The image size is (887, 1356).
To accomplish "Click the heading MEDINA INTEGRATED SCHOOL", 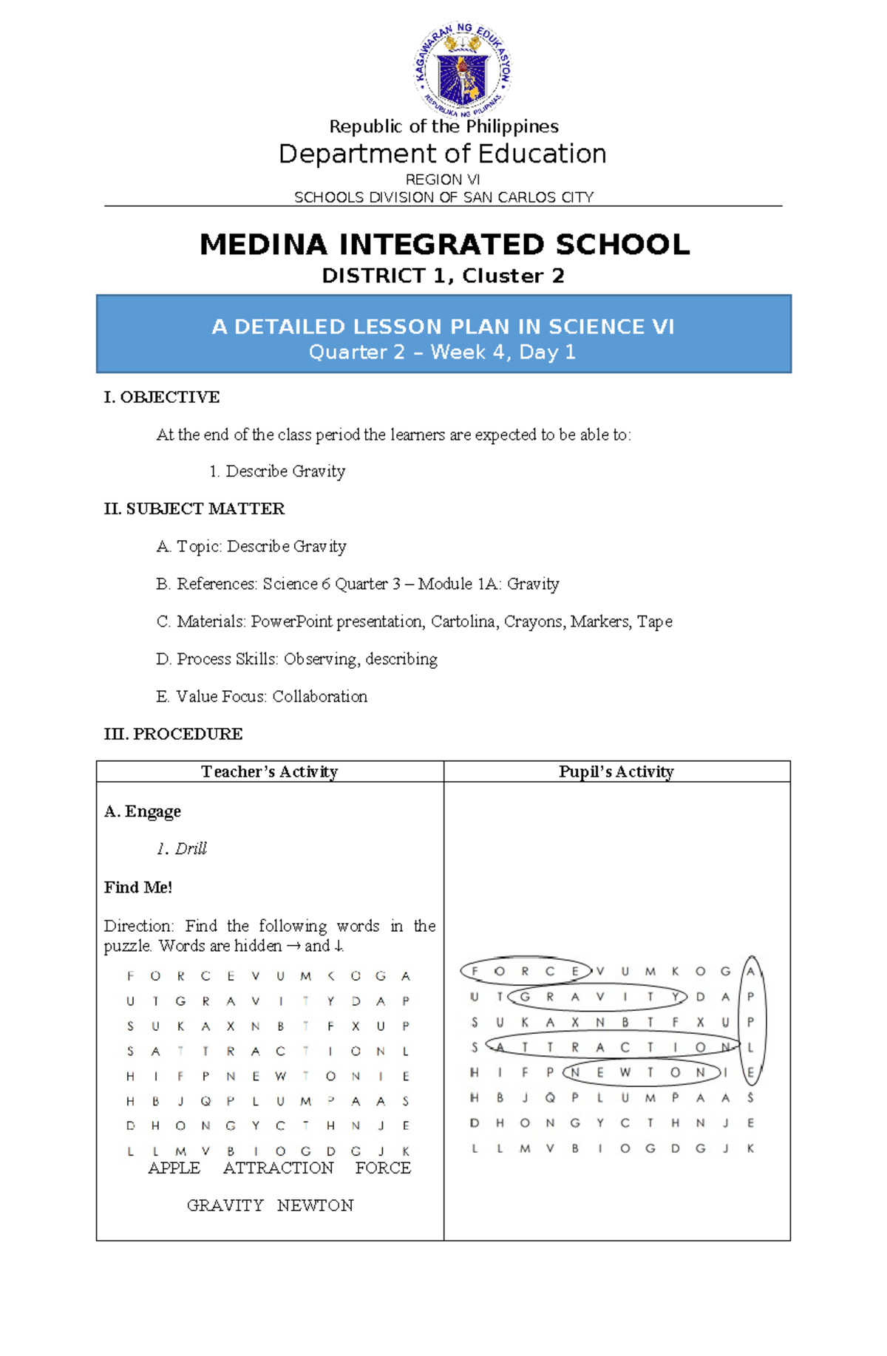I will coord(444,245).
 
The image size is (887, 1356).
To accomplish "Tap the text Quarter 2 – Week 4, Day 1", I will coord(442,352).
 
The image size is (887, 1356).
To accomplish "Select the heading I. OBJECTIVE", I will coord(162,398).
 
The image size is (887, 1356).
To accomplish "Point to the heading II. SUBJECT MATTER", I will coord(194,509).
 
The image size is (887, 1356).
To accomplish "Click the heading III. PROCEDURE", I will coord(173,734).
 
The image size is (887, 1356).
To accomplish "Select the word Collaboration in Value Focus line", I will coord(319,697).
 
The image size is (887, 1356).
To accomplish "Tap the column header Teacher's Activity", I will coord(269,771).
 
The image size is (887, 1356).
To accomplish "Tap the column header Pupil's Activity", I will coord(616,771).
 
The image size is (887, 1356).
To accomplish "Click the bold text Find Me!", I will coord(138,887).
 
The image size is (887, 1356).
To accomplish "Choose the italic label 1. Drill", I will coord(182,849).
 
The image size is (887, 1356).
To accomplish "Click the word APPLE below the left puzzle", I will coord(174,1168).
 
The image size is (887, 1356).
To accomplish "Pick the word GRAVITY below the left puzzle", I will coord(225,1205).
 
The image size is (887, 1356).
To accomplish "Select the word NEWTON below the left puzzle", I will coord(315,1205).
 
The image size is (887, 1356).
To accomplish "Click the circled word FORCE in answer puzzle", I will coord(525,971).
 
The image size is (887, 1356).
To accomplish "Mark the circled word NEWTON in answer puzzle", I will coord(638,1072).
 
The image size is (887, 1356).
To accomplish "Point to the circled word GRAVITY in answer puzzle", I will coord(599,997).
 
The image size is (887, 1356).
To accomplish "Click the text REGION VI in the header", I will coord(443,180).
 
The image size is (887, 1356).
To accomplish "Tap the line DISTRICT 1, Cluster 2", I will coord(443,276).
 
